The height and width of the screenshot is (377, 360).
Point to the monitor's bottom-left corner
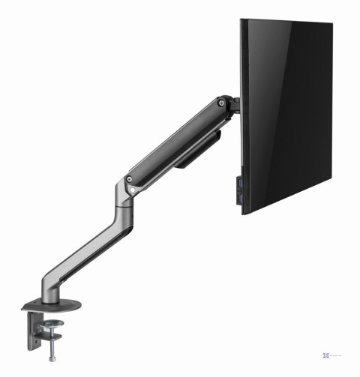point(244,213)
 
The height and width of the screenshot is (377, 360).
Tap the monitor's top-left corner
point(241,20)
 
